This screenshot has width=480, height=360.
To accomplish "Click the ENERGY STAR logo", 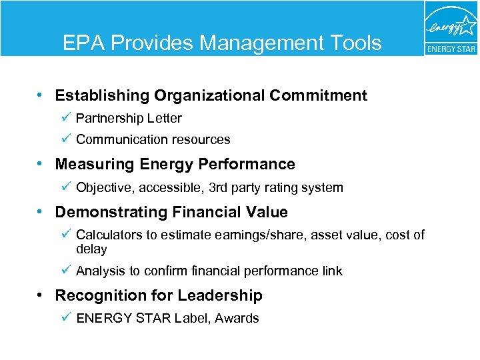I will (451, 28).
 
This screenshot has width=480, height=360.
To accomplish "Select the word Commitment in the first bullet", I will (318, 95).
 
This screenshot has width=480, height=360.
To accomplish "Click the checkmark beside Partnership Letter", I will (65, 117).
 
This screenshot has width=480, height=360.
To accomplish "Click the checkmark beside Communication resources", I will (65, 139).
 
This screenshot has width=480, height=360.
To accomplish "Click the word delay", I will (91, 249).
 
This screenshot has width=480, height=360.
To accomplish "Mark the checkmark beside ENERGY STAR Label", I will (65, 317).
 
